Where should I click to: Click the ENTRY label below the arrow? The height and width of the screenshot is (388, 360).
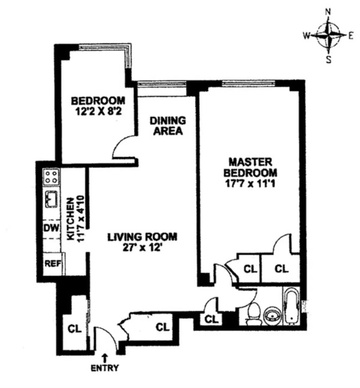tap(105, 368)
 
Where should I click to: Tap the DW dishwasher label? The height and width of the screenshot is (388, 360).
tap(51, 228)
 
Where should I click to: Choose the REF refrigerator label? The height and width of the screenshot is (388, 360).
tap(53, 263)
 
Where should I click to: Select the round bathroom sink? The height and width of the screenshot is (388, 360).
tap(271, 315)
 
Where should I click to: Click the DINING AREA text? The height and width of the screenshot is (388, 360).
tap(168, 125)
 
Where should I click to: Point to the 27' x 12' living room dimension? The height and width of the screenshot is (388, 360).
tap(142, 248)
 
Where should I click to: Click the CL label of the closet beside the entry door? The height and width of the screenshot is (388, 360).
tap(74, 329)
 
